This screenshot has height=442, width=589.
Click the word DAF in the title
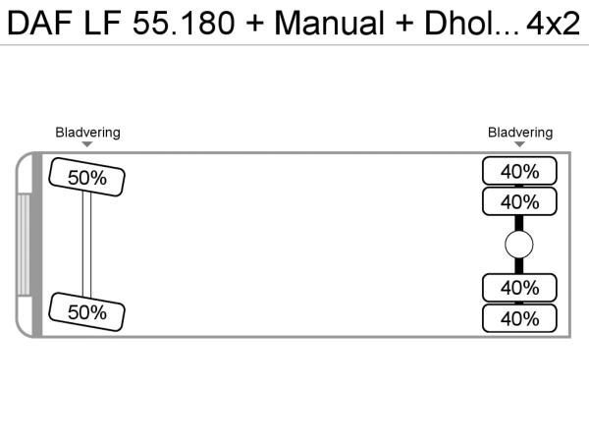[x=39, y=24]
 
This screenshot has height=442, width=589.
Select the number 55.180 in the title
[x=184, y=24]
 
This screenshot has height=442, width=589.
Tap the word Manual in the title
[x=330, y=24]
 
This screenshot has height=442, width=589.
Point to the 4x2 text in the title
[x=554, y=24]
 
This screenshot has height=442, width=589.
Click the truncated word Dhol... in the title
[x=472, y=24]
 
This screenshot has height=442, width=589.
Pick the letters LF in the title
[x=102, y=24]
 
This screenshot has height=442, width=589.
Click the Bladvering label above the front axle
[x=88, y=133]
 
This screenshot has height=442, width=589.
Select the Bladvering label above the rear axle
[x=520, y=133]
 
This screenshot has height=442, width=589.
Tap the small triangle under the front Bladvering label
[x=87, y=144]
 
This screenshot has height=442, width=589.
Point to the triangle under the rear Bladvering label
[x=519, y=144]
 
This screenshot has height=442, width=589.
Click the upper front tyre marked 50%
[x=86, y=177]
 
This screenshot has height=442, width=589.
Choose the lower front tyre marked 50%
[x=86, y=312]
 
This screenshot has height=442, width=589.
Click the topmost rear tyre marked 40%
[x=519, y=171]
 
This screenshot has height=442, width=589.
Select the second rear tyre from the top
[x=519, y=201]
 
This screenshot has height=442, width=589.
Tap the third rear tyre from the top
[x=519, y=288]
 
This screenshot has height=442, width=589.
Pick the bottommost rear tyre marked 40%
[x=519, y=318]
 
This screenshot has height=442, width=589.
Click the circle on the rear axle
[x=519, y=245]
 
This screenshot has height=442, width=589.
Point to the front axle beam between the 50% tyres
[x=86, y=245]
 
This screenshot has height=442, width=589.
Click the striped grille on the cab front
[x=24, y=245]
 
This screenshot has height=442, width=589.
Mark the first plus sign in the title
[x=255, y=24]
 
